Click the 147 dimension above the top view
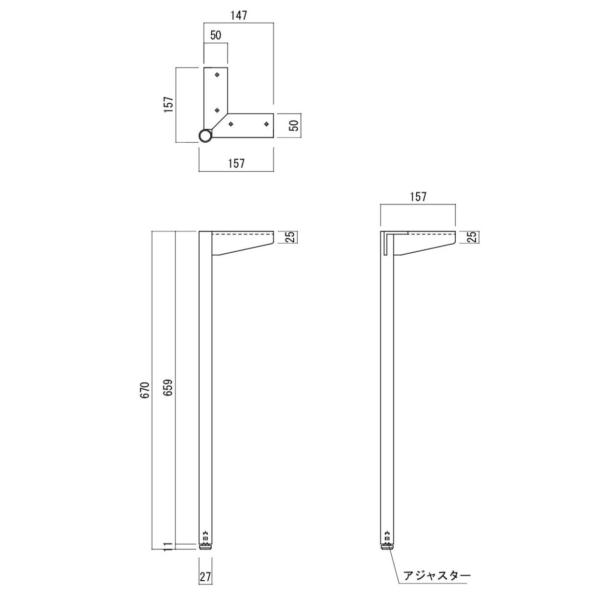click(x=239, y=15)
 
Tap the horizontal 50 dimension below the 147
click(x=216, y=35)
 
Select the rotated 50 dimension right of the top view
click(x=293, y=125)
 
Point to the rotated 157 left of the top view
click(x=168, y=105)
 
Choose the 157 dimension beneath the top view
click(x=236, y=164)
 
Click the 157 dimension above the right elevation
click(x=418, y=197)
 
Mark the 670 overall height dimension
click(x=145, y=390)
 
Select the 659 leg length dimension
click(x=168, y=388)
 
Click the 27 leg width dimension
click(x=205, y=577)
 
